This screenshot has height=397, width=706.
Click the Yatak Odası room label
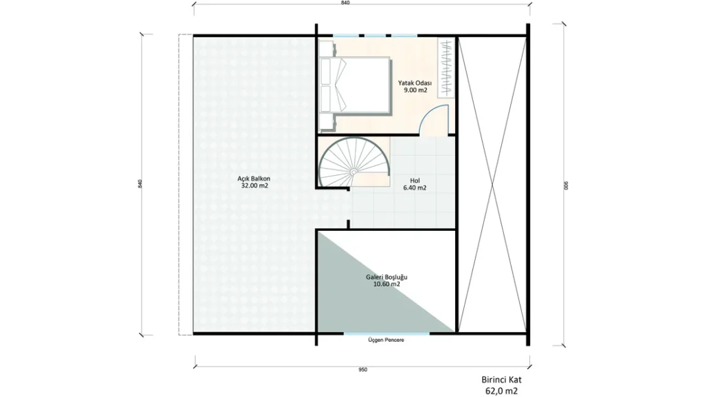tap(414, 83)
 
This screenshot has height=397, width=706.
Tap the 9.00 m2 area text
tap(415, 90)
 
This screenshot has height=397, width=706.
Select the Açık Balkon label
tap(254, 179)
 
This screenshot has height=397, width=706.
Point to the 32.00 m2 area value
tap(254, 185)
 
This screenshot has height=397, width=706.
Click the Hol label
tap(414, 181)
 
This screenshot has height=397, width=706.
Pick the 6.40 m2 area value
tap(414, 187)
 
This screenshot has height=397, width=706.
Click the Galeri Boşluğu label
tap(386, 277)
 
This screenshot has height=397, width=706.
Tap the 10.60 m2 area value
tap(386, 285)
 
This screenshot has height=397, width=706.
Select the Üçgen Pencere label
tap(386, 340)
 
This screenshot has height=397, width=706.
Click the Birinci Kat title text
tap(501, 380)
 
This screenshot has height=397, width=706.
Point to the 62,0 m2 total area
tap(501, 391)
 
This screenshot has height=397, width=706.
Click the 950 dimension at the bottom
tap(363, 370)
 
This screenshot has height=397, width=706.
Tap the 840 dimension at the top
tap(345, 3)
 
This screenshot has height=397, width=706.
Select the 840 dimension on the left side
tap(140, 183)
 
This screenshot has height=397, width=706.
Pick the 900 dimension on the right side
tap(567, 185)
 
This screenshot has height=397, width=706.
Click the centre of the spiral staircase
tap(354, 172)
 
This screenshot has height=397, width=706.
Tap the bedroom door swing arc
tap(430, 112)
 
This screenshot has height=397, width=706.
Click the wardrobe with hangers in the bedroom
tap(446, 68)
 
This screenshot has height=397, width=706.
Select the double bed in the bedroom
tap(355, 85)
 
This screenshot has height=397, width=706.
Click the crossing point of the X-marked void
tap(492, 185)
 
